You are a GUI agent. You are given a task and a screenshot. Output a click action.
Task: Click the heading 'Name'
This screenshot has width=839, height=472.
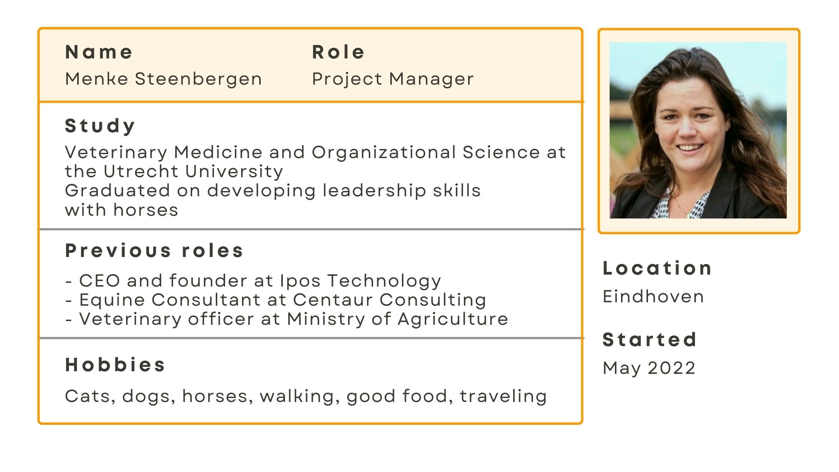click(99, 52)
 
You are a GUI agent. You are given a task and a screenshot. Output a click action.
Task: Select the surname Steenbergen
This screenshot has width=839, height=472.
click(199, 79)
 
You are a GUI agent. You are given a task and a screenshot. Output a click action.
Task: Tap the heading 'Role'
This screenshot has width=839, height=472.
click(338, 52)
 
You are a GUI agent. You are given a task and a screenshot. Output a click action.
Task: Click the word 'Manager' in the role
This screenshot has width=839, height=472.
click(431, 79)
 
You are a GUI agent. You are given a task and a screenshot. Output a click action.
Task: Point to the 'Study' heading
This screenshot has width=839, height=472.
click(100, 126)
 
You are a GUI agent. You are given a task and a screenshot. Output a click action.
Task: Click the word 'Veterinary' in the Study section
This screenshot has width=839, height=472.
click(116, 153)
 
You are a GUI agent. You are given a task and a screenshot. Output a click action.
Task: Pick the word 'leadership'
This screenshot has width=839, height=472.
click(374, 191)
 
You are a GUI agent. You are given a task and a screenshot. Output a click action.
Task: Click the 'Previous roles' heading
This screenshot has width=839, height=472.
click(154, 251)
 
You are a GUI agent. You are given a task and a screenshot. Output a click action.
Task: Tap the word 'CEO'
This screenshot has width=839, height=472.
click(100, 281)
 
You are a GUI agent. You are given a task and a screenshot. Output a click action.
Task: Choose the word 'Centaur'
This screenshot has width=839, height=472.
click(333, 300)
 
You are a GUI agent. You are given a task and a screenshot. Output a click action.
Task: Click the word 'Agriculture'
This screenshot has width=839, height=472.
click(453, 320)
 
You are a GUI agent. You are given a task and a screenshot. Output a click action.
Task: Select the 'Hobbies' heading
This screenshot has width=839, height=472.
click(115, 365)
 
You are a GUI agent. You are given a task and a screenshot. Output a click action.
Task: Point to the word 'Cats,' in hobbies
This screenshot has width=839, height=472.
click(90, 397)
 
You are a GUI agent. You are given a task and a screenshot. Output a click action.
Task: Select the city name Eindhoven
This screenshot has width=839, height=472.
click(654, 297)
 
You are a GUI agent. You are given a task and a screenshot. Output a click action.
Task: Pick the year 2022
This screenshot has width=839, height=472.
click(672, 368)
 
